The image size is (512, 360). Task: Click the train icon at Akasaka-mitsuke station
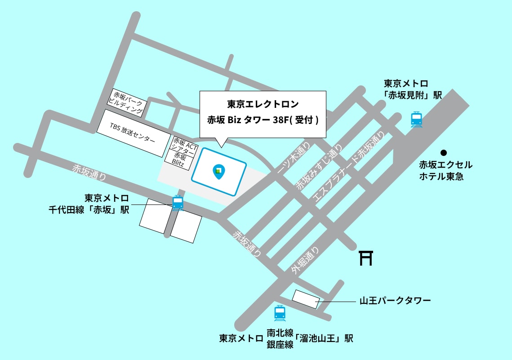[417, 120]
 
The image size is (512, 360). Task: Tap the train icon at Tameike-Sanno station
[280, 312]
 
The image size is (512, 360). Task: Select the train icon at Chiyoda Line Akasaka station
[178, 203]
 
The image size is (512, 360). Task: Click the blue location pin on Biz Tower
[219, 172]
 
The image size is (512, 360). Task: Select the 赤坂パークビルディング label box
[129, 102]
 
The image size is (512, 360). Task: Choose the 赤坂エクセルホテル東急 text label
[445, 171]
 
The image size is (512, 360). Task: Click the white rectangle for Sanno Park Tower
[306, 299]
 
